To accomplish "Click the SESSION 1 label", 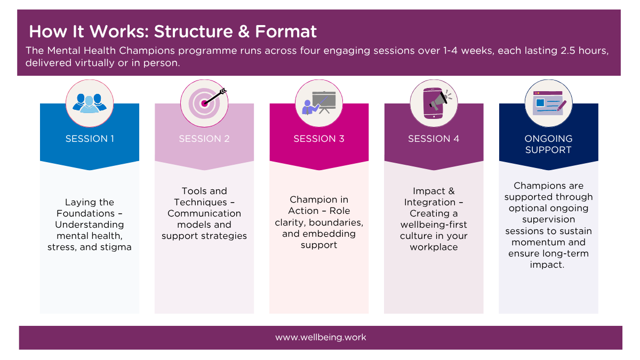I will click(90, 139).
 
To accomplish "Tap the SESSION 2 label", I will click(204, 139).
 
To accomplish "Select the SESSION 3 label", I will click(319, 139).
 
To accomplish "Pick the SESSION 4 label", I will click(434, 139).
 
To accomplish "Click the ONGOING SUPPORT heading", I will click(548, 144).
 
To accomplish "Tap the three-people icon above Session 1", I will click(90, 103).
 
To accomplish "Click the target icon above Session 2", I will click(204, 103).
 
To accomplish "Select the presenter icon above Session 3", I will click(319, 103).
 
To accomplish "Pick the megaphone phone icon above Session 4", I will click(434, 103).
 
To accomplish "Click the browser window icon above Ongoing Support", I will click(548, 103).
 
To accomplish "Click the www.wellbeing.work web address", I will click(321, 338).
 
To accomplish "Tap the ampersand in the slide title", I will click(244, 31).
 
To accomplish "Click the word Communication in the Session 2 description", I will click(204, 213).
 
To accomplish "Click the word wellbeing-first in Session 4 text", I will click(434, 225).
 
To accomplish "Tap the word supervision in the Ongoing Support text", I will click(548, 219).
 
